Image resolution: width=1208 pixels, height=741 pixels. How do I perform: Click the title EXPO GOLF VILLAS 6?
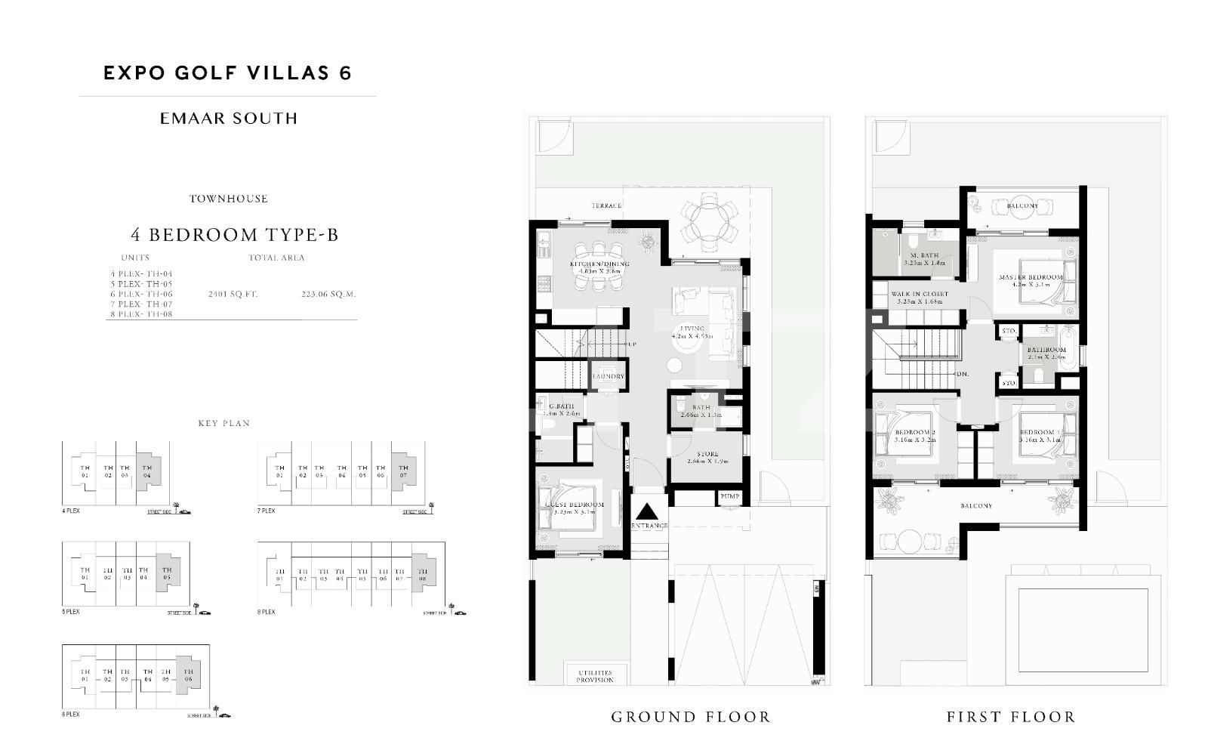click(227, 73)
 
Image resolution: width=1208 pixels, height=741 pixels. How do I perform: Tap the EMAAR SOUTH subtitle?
click(229, 119)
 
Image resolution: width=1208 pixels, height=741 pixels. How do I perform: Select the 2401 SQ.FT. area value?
click(233, 294)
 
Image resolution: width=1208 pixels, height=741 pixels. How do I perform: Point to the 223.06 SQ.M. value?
click(328, 294)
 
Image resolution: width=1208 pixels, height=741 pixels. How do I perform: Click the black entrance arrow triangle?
click(649, 509)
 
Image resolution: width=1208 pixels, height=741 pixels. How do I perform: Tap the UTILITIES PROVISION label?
click(595, 676)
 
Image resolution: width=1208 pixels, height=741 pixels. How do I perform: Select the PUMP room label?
click(729, 497)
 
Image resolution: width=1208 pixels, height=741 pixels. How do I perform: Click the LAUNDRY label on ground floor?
click(608, 376)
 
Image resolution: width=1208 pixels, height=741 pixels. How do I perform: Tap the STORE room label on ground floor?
click(707, 457)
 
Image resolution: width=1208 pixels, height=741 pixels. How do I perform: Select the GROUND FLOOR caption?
click(690, 717)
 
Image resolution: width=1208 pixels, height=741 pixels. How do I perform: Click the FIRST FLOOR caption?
click(1011, 717)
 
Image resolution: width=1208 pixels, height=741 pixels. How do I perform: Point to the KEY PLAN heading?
click(223, 423)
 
